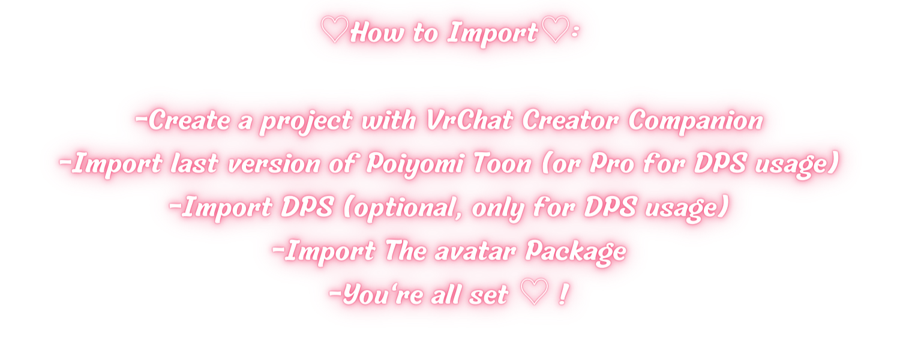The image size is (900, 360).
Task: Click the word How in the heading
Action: tap(377, 32)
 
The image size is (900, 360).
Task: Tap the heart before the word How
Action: tap(334, 29)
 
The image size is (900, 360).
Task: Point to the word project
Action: tap(306, 122)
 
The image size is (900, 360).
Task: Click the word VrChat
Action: tap(469, 120)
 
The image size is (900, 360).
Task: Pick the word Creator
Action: tap(570, 120)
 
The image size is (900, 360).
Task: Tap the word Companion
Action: tap(695, 121)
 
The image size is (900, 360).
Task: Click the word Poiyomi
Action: tap(415, 165)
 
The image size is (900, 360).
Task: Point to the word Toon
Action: tap(502, 163)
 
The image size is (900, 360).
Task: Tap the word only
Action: tap(497, 209)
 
